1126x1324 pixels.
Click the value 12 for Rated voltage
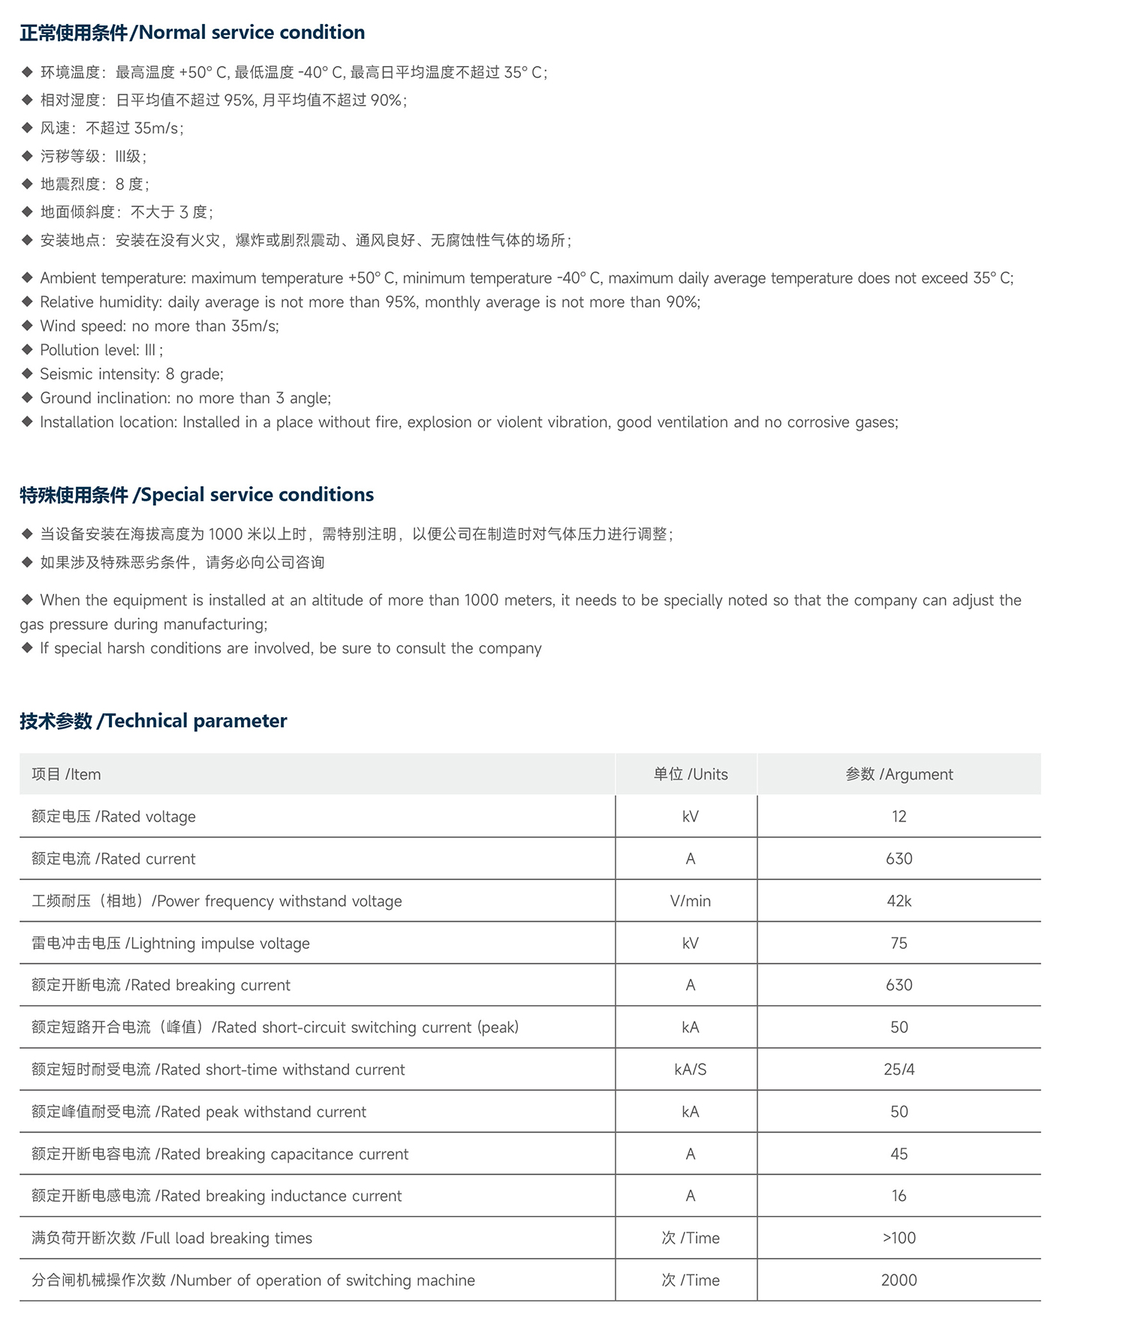point(899,816)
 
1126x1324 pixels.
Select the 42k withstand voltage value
point(899,901)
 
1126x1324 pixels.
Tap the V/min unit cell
point(691,901)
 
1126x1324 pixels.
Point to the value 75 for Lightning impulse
point(899,943)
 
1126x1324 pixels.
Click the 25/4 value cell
point(899,1070)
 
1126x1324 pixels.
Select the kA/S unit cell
point(691,1070)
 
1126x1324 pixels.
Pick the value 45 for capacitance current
point(899,1154)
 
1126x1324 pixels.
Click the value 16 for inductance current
point(899,1196)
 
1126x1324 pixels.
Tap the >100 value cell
point(899,1238)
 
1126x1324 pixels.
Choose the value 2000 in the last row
point(899,1280)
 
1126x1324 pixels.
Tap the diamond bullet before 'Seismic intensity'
point(27,374)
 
